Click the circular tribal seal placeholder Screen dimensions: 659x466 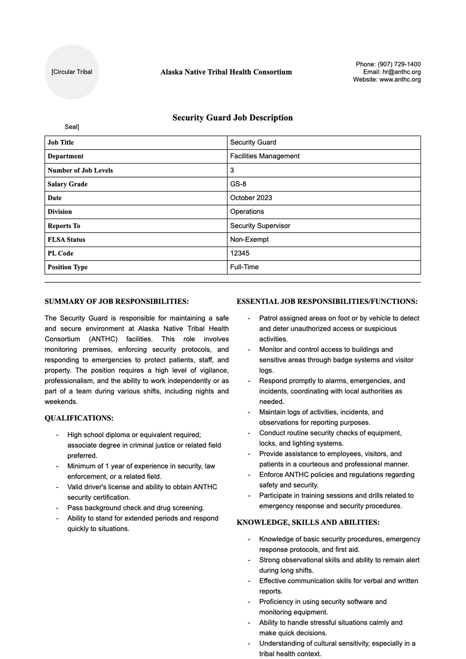point(72,72)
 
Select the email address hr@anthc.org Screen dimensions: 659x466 point(401,72)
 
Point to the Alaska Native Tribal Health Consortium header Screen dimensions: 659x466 point(226,72)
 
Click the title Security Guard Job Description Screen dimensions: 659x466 point(232,118)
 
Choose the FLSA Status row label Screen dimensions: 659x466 point(66,240)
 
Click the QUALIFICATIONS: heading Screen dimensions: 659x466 point(79,418)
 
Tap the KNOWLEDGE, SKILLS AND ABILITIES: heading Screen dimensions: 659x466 point(308,523)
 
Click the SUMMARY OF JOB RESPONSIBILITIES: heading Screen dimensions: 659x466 point(116,301)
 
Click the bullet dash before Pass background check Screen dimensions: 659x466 point(57,508)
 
